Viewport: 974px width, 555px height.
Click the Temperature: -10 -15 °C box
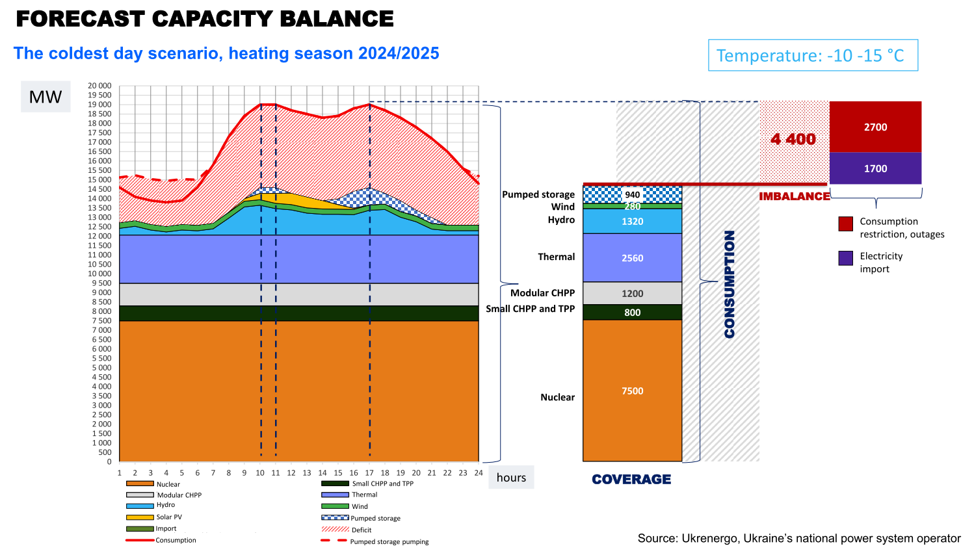pos(813,55)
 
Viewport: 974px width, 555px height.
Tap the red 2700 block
pos(875,127)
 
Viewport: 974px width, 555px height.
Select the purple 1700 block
pos(875,168)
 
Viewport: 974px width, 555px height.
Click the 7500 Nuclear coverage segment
pos(632,391)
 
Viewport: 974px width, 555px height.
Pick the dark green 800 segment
pos(632,313)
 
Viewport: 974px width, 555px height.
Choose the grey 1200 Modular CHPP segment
pos(632,293)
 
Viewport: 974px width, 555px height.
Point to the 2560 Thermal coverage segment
pos(632,258)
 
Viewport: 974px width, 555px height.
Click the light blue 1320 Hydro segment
pos(632,222)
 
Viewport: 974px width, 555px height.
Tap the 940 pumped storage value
pos(632,194)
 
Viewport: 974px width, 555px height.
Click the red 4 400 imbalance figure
pos(793,139)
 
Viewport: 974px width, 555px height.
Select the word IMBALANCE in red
pos(795,196)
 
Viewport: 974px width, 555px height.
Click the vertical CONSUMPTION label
pos(730,284)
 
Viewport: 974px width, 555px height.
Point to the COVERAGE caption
pos(631,480)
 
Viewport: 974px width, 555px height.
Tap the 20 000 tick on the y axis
pos(100,86)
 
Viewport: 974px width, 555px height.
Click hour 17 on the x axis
pos(369,473)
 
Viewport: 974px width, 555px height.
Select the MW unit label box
pos(46,97)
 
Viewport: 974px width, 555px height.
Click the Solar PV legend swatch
pos(140,517)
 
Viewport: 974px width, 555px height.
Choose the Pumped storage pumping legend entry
pos(389,541)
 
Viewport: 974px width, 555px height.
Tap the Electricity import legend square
pos(845,258)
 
